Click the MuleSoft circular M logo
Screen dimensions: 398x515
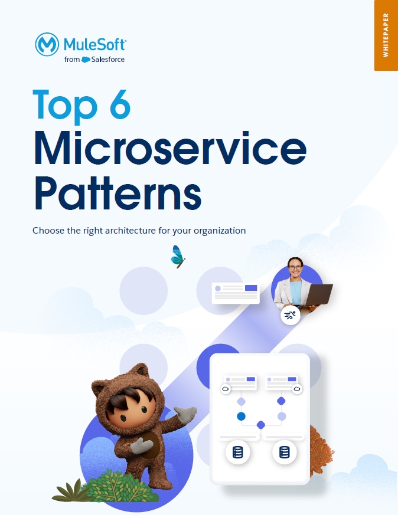(x=47, y=44)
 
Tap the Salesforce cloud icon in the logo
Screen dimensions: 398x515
(x=86, y=60)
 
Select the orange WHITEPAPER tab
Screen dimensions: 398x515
(x=386, y=35)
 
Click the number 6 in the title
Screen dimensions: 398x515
(x=120, y=104)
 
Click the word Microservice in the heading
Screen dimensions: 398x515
(x=170, y=148)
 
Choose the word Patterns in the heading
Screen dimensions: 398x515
(x=118, y=193)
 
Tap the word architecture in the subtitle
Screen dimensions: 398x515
(x=130, y=231)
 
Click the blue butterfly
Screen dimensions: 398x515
(x=178, y=257)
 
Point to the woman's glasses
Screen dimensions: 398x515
(x=295, y=267)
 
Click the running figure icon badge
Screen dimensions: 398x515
(x=290, y=315)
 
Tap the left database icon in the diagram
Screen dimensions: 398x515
(x=237, y=452)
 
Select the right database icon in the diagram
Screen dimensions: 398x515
(x=284, y=452)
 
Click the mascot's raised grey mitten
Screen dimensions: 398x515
(x=185, y=415)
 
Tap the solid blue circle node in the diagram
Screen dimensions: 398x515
(x=242, y=416)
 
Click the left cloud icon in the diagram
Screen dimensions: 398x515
(x=226, y=389)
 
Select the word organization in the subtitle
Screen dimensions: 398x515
(x=220, y=231)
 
